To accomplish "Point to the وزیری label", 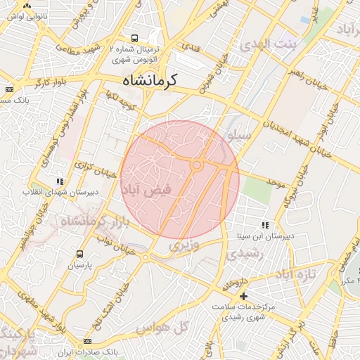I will point(184,247).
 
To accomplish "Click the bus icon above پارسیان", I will point(79,254).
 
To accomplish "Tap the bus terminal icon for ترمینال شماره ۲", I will point(135,38).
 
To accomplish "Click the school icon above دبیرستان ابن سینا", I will point(265,225).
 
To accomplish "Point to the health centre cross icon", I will point(243,297).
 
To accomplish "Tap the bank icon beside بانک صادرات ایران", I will point(86,341).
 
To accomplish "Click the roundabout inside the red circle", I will point(198,165).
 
